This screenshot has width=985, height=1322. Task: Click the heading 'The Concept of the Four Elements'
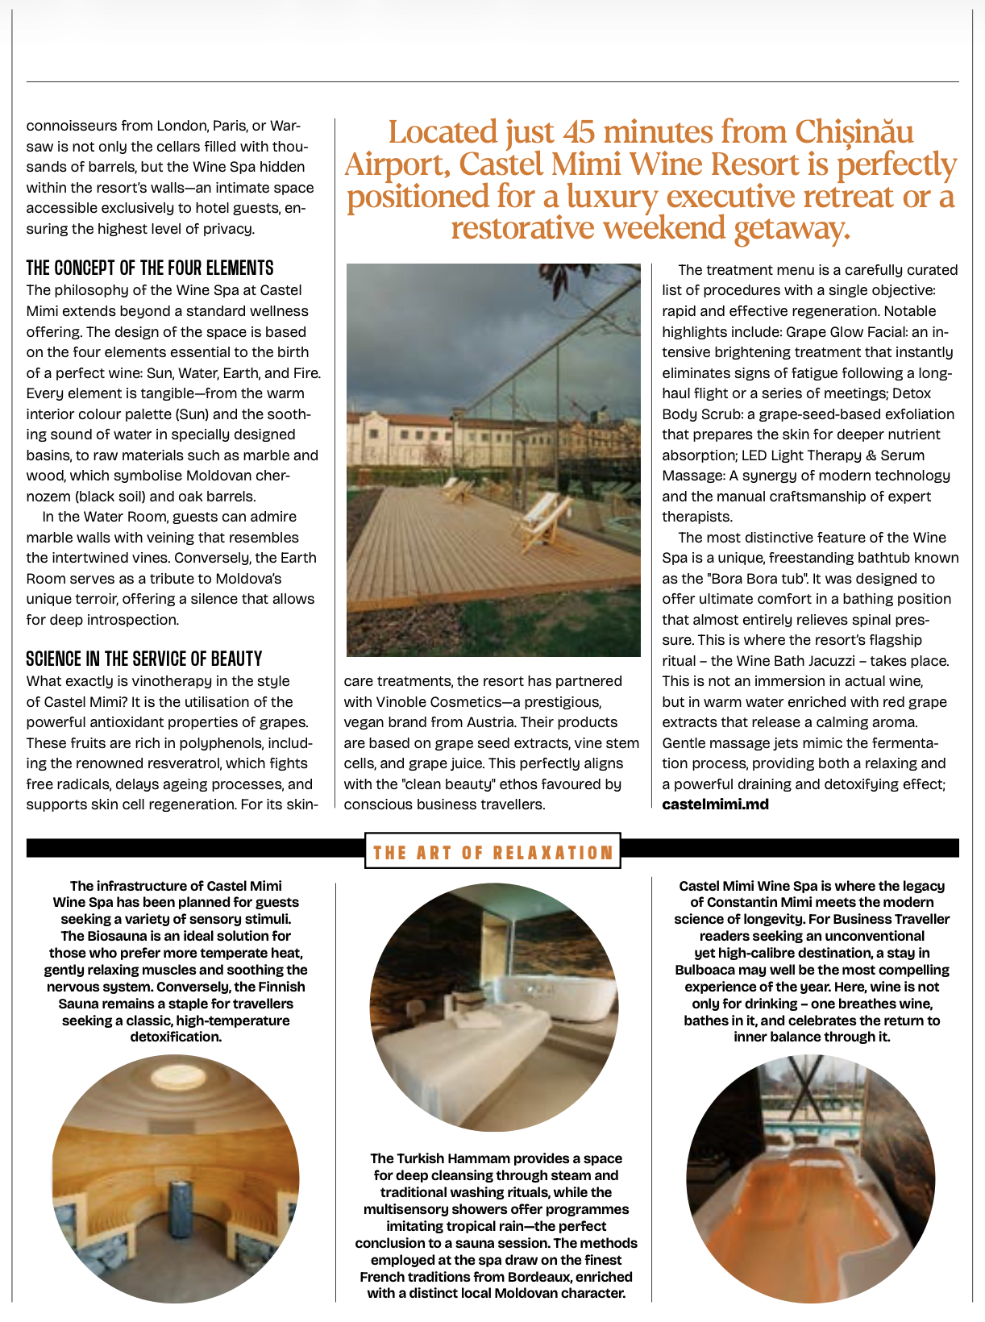point(150,268)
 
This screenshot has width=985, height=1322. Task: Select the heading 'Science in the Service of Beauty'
point(144,659)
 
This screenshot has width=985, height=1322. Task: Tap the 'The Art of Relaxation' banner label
point(493,853)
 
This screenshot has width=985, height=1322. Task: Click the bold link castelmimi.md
point(715,804)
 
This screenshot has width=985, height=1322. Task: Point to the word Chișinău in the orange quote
point(854,131)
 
